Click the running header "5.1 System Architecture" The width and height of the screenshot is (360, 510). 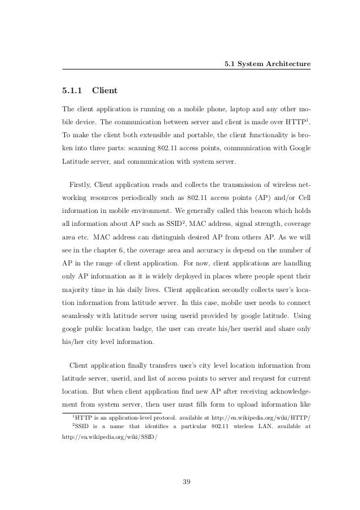(266, 64)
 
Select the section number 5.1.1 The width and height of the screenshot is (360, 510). (72, 89)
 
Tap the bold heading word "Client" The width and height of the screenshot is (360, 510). (105, 89)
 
